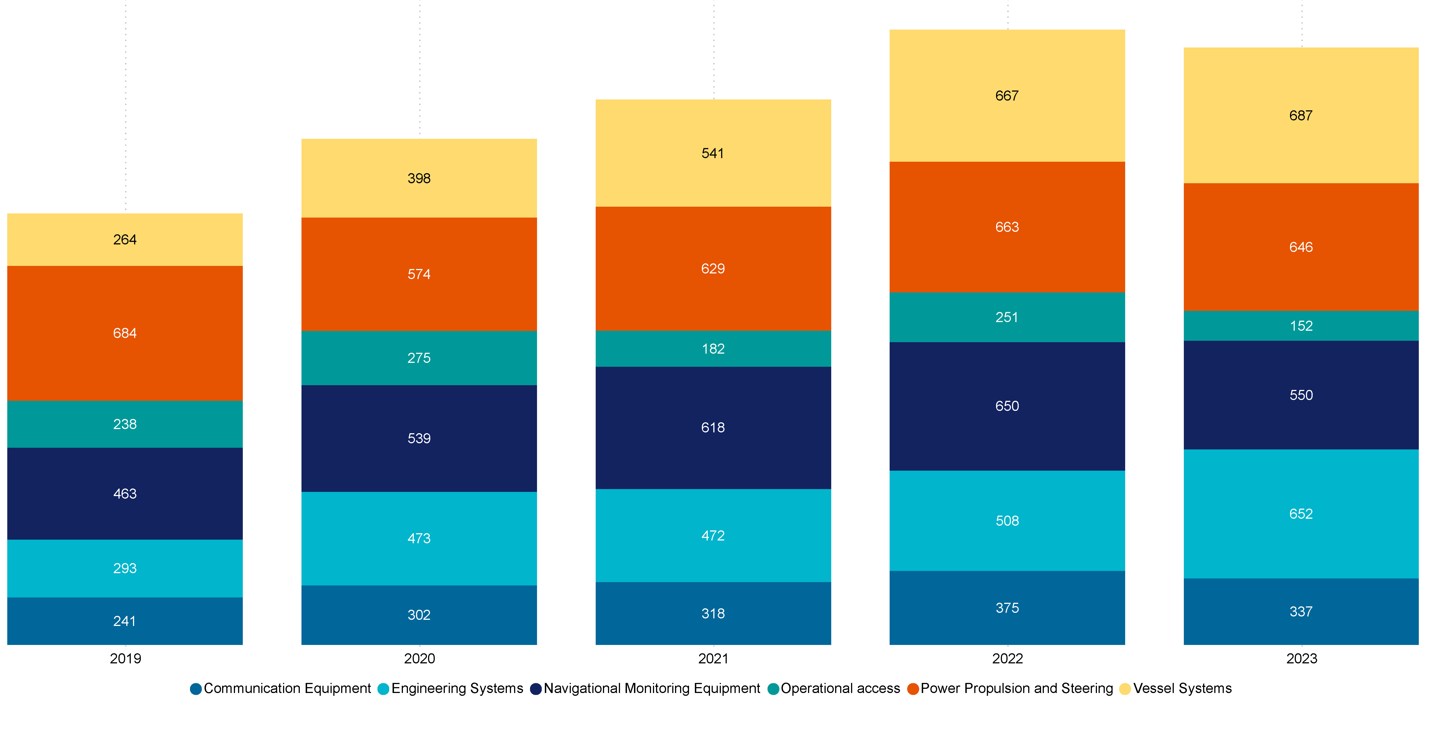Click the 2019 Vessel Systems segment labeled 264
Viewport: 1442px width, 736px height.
click(125, 240)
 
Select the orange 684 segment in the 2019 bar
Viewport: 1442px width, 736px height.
click(125, 333)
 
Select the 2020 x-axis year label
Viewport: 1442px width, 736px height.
click(419, 659)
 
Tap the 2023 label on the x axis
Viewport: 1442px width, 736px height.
click(1301, 659)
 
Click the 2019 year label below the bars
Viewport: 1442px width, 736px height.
click(125, 659)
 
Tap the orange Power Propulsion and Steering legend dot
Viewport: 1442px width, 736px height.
click(913, 689)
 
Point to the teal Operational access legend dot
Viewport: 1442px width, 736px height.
click(774, 689)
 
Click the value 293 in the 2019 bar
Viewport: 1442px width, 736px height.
click(125, 568)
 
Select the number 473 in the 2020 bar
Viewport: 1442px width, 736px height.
click(419, 539)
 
